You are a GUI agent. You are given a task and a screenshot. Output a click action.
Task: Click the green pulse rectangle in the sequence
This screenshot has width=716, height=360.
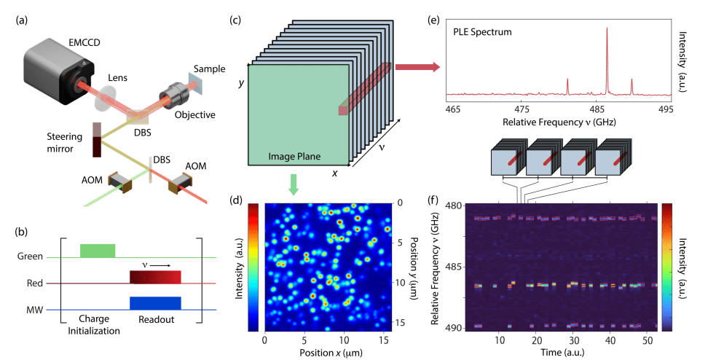click(x=97, y=250)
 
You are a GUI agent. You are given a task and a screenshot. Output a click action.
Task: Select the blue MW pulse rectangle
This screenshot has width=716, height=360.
click(x=154, y=303)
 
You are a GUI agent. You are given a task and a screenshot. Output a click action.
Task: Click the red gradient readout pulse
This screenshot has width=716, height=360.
click(x=154, y=276)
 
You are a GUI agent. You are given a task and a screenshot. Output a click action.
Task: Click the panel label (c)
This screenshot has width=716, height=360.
click(x=235, y=20)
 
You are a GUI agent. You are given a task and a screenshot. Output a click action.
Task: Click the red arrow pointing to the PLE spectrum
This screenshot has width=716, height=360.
click(x=417, y=68)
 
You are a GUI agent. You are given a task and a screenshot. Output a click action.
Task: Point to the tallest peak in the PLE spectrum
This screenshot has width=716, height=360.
click(x=607, y=29)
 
